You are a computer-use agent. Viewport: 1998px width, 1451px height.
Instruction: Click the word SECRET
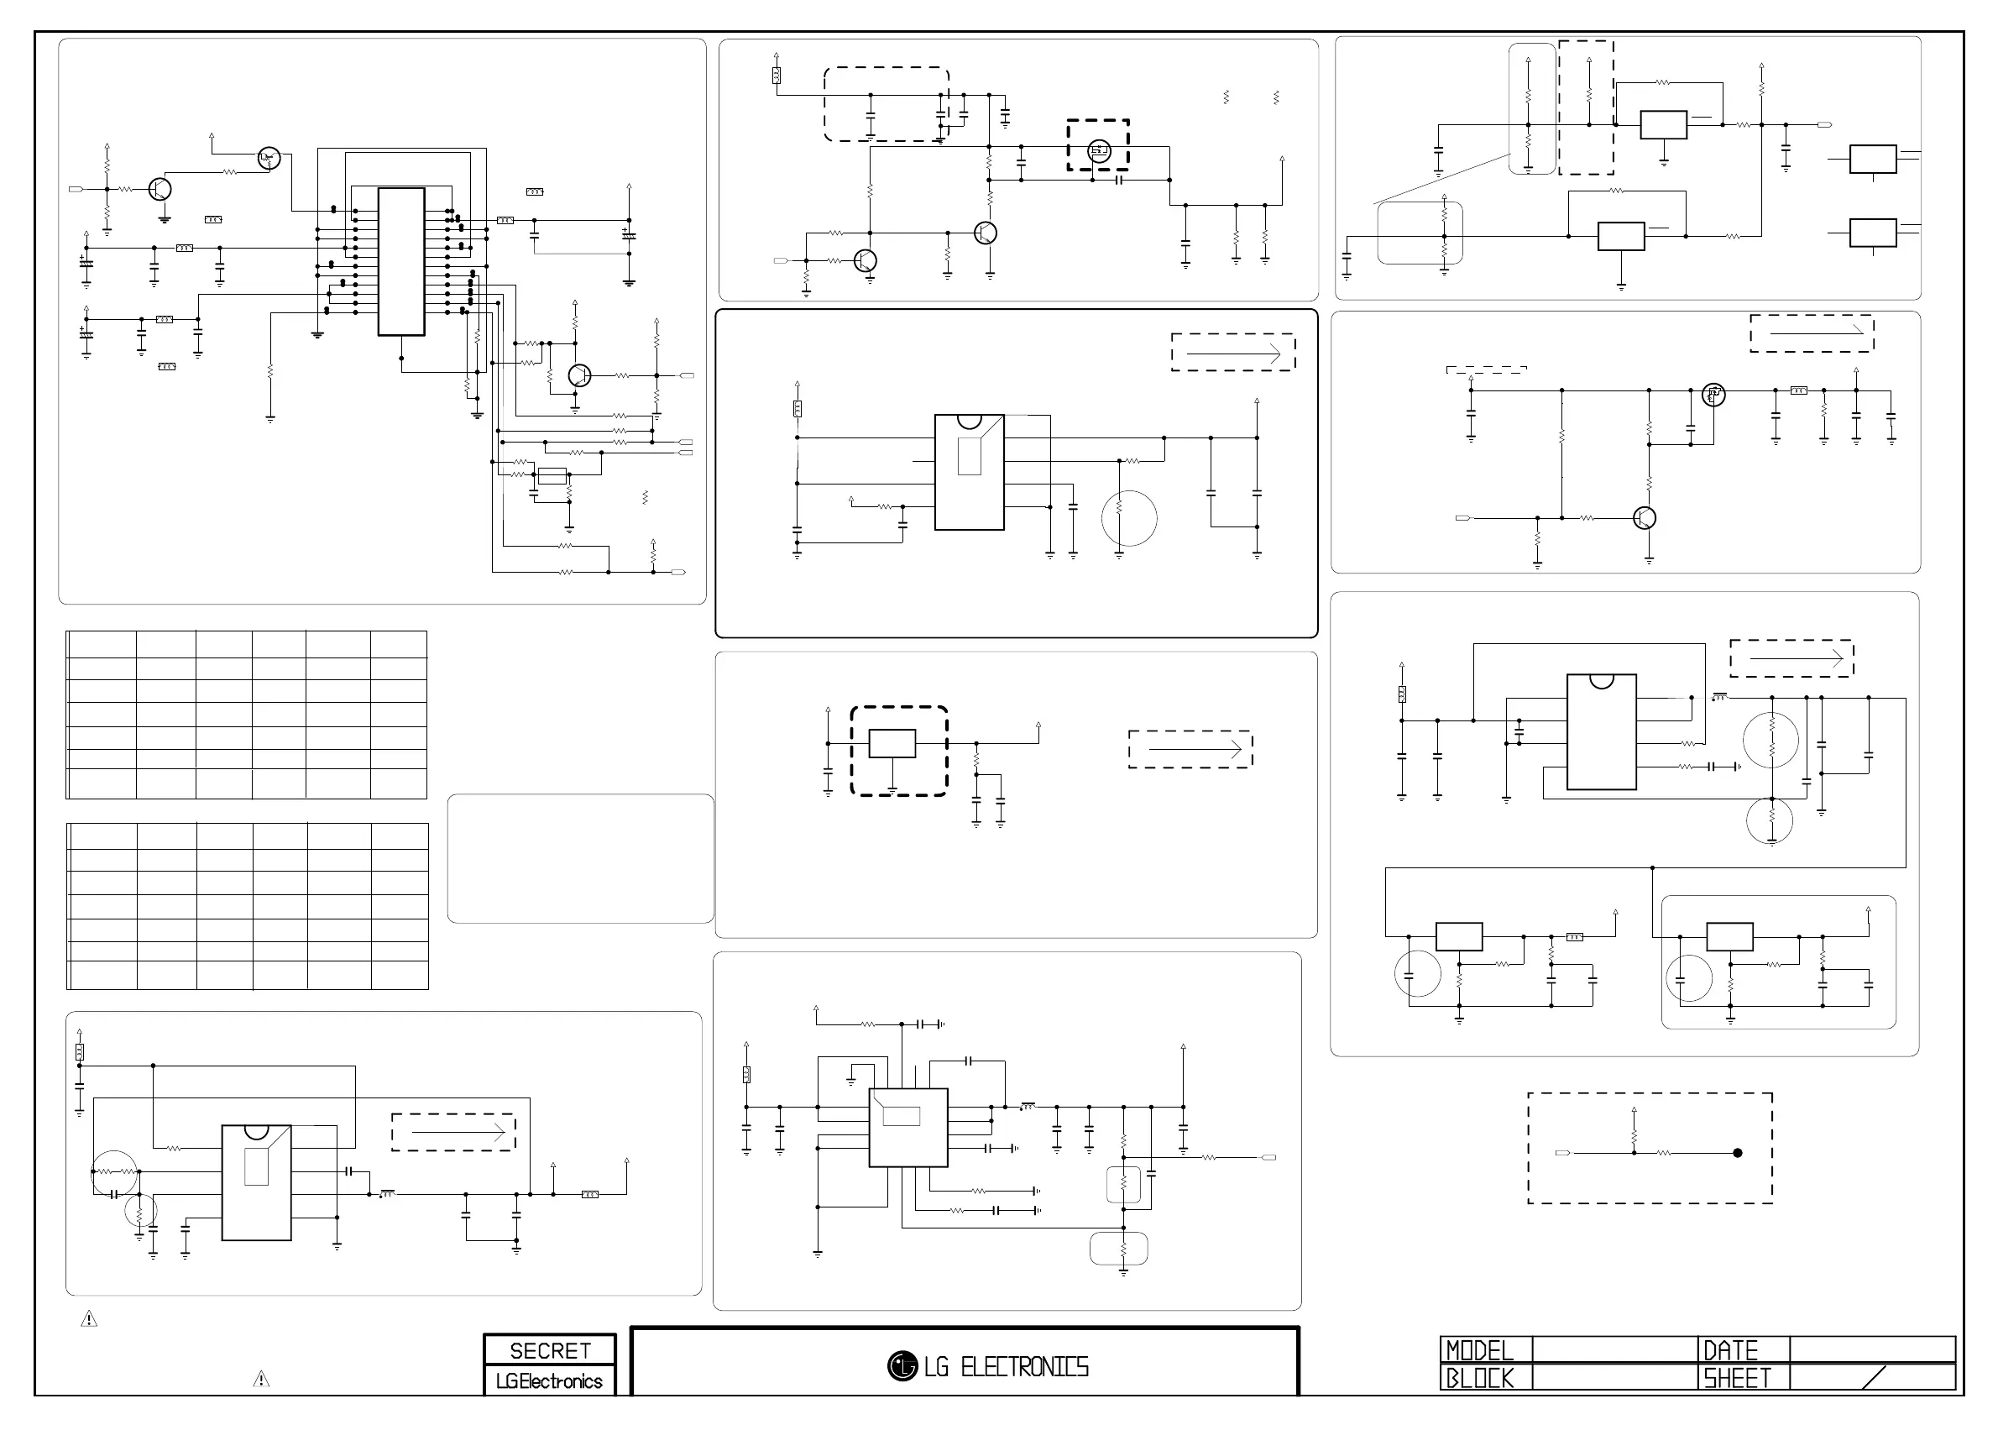pyautogui.click(x=550, y=1350)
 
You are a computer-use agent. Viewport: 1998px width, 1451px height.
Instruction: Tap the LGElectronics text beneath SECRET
pyautogui.click(x=549, y=1381)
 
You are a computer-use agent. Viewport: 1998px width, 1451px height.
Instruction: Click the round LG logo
pyautogui.click(x=902, y=1366)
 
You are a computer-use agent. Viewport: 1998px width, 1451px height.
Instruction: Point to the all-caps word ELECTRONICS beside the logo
pyautogui.click(x=1024, y=1367)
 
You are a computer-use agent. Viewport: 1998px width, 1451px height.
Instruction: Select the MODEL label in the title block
pyautogui.click(x=1480, y=1350)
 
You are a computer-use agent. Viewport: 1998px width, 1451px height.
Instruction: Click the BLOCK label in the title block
pyautogui.click(x=1480, y=1378)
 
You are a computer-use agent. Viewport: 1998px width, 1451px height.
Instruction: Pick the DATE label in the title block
pyautogui.click(x=1730, y=1350)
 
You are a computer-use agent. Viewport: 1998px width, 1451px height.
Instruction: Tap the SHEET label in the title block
pyautogui.click(x=1736, y=1378)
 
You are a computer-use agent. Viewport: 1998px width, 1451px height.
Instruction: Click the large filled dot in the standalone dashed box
pyautogui.click(x=1737, y=1153)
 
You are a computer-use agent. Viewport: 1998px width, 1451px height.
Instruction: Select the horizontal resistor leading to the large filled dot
pyautogui.click(x=1663, y=1153)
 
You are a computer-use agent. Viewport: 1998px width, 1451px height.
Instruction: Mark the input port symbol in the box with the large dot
pyautogui.click(x=1563, y=1153)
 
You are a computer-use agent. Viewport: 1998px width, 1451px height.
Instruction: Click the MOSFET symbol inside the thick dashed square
pyautogui.click(x=1099, y=150)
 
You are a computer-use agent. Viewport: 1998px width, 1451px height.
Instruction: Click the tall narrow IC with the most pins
pyautogui.click(x=400, y=262)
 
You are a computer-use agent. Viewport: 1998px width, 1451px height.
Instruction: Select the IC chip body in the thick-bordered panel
pyautogui.click(x=969, y=472)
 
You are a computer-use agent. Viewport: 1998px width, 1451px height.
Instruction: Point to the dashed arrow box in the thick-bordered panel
pyautogui.click(x=1232, y=353)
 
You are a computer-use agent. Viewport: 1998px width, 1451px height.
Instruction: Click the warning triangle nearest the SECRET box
pyautogui.click(x=262, y=1380)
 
